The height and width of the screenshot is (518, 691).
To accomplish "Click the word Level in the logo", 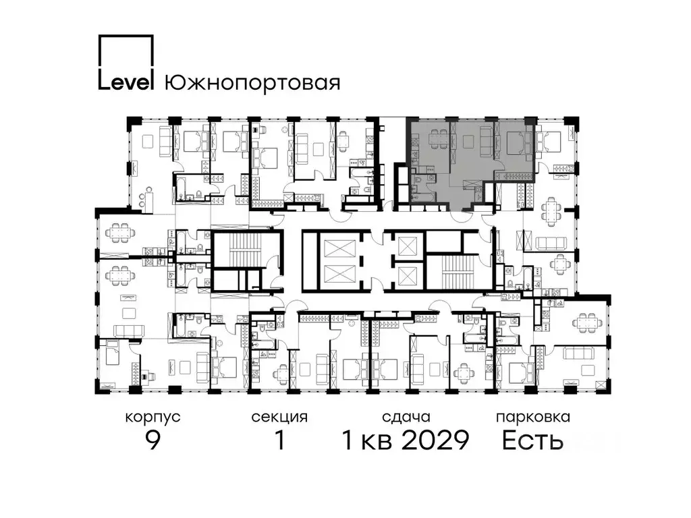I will point(127,82).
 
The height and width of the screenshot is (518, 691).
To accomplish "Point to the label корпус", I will point(153,418).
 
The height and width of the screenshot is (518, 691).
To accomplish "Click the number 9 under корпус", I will point(153,441).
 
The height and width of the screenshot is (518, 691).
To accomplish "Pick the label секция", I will point(279,418).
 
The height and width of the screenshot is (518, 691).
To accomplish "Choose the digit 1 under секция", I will point(279,441).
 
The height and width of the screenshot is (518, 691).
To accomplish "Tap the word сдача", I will point(405,418).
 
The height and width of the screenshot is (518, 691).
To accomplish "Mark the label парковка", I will point(532,418).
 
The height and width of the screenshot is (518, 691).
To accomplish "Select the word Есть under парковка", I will point(532,441).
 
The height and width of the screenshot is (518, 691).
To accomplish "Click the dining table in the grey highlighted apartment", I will point(437,140).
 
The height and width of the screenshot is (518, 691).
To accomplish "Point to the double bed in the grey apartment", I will point(517,142).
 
